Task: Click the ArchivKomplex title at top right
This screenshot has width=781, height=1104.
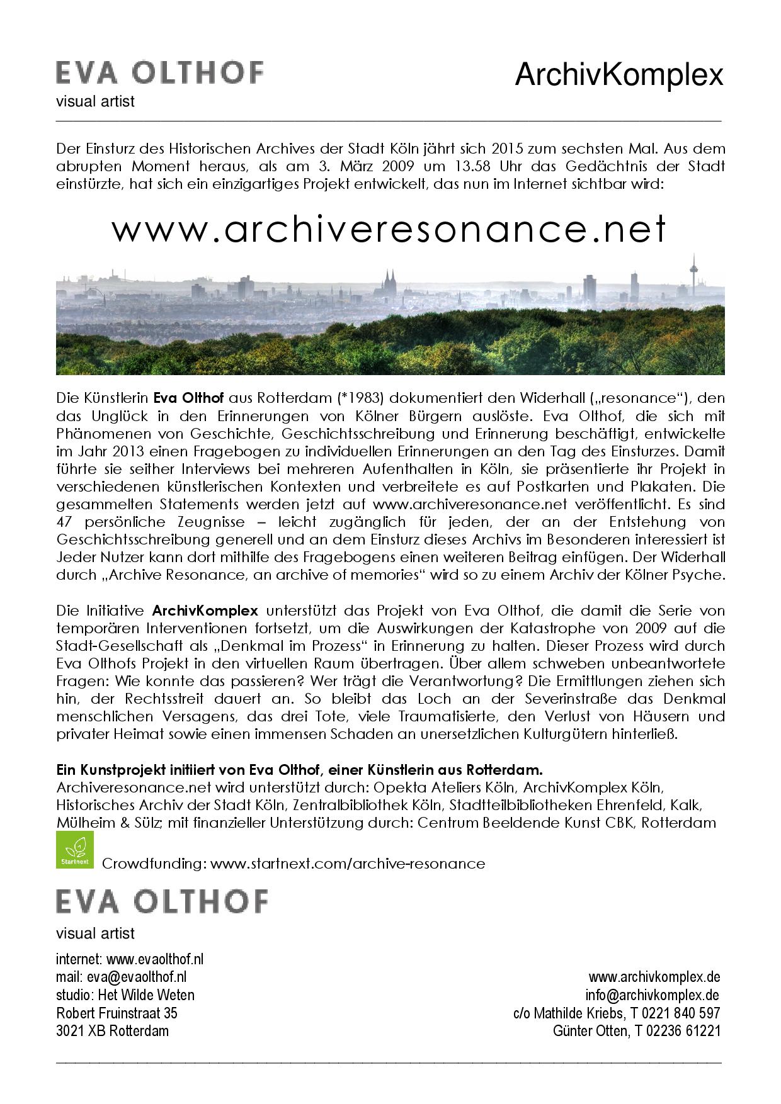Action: click(x=619, y=76)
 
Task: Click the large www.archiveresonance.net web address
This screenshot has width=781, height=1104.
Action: click(x=389, y=229)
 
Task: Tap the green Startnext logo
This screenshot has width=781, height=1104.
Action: click(x=75, y=850)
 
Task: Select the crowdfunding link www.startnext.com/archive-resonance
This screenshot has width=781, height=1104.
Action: click(x=348, y=864)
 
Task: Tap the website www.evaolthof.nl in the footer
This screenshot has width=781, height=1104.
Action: click(x=154, y=959)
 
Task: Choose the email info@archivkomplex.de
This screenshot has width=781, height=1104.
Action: click(x=652, y=995)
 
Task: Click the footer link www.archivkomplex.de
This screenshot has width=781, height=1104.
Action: click(x=654, y=977)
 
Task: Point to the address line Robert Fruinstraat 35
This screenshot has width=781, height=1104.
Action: click(x=117, y=1013)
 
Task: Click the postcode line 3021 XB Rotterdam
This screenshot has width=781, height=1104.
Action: click(x=112, y=1031)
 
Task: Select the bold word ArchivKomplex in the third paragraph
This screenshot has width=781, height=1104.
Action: click(x=205, y=611)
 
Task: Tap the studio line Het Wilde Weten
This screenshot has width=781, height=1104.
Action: click(x=125, y=995)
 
